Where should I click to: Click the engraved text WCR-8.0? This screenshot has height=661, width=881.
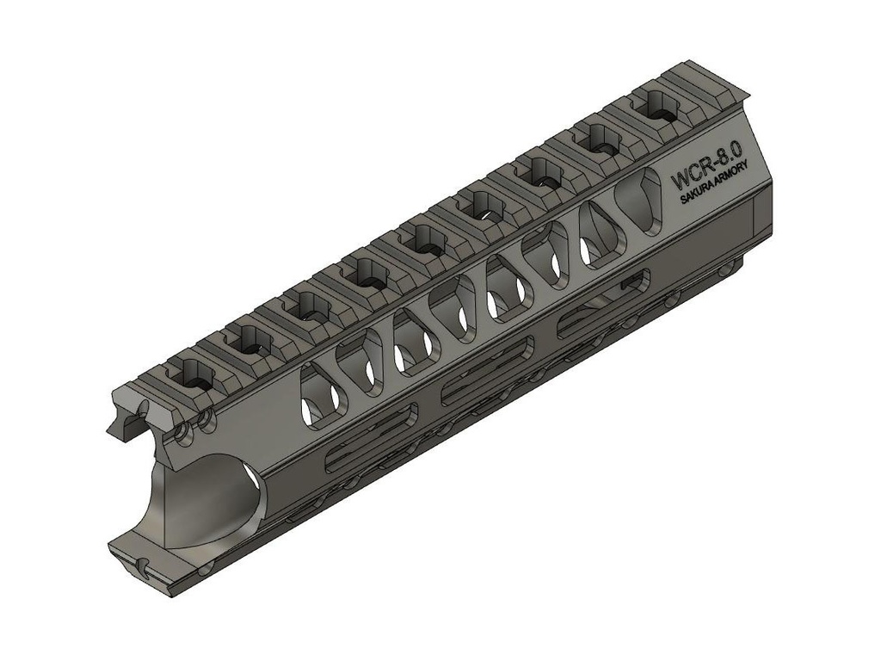tap(705, 171)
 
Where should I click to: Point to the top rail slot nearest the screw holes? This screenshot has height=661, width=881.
tap(191, 380)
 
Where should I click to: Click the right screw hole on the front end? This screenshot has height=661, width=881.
tap(206, 421)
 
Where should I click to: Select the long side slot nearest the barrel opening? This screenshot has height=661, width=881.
tap(371, 448)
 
